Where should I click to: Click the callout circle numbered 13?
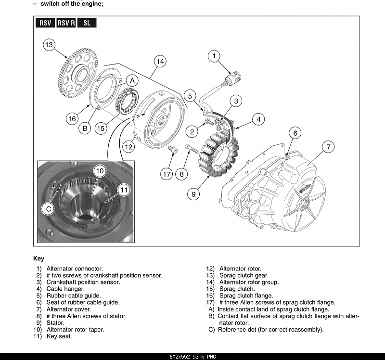click(x=49, y=45)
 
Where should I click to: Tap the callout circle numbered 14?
click(x=160, y=61)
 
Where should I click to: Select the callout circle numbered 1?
click(x=214, y=56)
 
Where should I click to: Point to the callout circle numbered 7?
click(x=328, y=146)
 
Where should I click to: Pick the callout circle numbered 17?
click(x=167, y=174)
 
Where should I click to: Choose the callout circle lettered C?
click(x=49, y=209)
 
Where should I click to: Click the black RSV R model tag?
click(x=66, y=23)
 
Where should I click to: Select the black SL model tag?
click(x=87, y=23)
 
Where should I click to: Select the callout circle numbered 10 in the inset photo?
click(x=99, y=170)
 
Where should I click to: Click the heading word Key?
click(x=38, y=258)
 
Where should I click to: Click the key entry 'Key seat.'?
click(x=59, y=336)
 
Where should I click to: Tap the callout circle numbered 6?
click(x=295, y=133)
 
